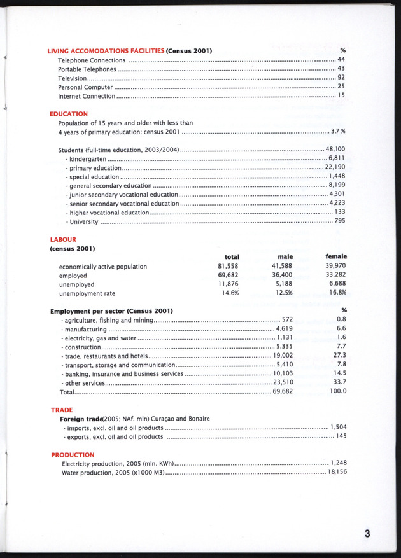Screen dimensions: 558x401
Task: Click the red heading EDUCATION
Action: pos(68,114)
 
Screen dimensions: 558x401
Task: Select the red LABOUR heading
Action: pos(62,239)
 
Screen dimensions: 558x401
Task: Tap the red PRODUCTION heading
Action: pos(72,455)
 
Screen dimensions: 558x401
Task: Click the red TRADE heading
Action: pos(61,410)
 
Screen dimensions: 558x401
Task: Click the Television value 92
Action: pos(341,78)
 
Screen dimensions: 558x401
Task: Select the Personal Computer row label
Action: pos(85,87)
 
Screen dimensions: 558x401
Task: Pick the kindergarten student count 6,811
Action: pos(337,158)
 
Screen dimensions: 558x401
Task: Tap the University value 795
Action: pos(340,221)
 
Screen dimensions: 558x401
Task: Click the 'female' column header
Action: pos(335,256)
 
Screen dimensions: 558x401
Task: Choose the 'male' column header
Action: pos(281,256)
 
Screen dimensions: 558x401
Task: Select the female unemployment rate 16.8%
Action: pos(337,294)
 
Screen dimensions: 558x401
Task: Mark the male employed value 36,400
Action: pos(281,275)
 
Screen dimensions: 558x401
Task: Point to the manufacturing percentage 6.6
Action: pos(341,328)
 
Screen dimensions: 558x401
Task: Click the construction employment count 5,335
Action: pos(284,347)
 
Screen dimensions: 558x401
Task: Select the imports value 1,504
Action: pos(337,428)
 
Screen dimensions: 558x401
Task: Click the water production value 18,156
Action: pos(337,473)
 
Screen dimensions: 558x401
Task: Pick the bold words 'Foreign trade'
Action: pos(81,419)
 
